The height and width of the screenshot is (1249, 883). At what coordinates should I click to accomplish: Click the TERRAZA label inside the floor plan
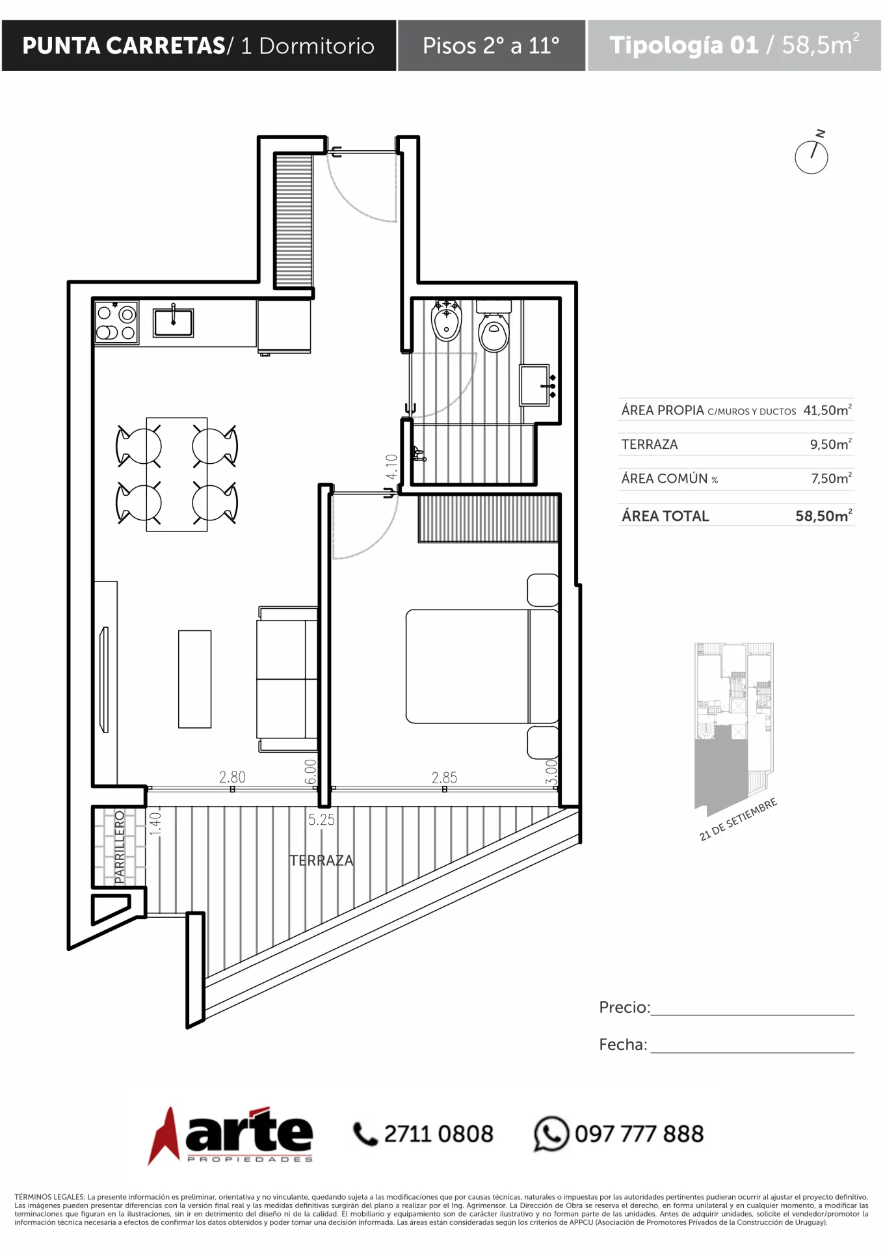(321, 861)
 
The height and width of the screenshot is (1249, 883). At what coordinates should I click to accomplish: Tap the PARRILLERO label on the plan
(120, 847)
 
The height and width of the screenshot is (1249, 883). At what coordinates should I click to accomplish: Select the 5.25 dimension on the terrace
(322, 820)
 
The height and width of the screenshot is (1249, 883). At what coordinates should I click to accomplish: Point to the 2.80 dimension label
(232, 777)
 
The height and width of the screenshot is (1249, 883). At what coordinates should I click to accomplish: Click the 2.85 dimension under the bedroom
(444, 777)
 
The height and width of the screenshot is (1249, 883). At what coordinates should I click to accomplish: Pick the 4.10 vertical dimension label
(391, 466)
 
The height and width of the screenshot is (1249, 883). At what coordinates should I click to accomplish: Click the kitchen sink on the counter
(173, 322)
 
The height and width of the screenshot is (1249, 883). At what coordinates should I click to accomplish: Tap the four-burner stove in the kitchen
(116, 322)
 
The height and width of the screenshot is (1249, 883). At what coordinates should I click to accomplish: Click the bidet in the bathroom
(446, 320)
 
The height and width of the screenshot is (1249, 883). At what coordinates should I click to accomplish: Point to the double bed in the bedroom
(482, 666)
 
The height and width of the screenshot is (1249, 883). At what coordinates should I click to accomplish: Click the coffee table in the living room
(195, 678)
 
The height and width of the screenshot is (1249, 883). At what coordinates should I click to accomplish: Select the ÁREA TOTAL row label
(665, 516)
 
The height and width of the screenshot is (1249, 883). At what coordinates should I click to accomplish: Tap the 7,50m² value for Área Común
(832, 478)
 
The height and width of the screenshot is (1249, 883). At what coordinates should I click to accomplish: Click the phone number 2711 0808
(438, 1134)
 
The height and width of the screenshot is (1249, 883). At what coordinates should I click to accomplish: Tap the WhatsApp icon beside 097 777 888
(551, 1134)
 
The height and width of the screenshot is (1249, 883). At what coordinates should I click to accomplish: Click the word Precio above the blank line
(624, 1007)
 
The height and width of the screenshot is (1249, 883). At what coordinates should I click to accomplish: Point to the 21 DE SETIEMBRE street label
(738, 820)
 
